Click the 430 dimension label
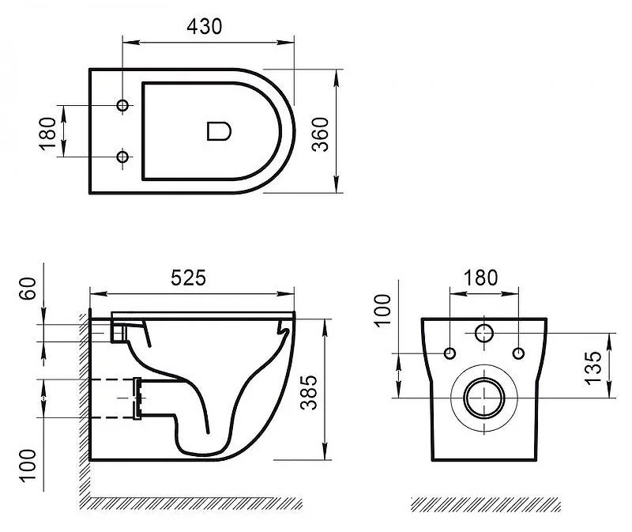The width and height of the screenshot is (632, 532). [204, 27]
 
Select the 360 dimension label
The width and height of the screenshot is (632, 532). [321, 134]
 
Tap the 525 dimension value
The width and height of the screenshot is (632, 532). [188, 277]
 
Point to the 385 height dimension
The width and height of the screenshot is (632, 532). [309, 392]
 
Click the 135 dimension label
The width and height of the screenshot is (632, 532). [594, 368]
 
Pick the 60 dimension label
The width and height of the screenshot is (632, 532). [28, 289]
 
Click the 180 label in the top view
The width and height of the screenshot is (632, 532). [47, 134]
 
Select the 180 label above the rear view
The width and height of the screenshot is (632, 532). [480, 278]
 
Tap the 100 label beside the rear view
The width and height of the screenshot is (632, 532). [382, 310]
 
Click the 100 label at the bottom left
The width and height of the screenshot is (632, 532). [28, 465]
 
